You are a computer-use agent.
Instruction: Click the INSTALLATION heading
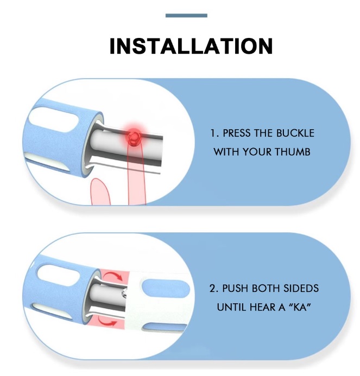click(x=191, y=46)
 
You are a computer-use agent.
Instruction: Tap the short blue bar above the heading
click(x=186, y=16)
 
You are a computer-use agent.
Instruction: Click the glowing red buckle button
click(x=134, y=137)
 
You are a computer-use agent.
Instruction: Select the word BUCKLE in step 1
click(x=295, y=133)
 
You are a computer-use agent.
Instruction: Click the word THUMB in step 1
click(x=292, y=152)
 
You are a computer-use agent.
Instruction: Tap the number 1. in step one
click(x=214, y=133)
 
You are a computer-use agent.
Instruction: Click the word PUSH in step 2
click(x=235, y=288)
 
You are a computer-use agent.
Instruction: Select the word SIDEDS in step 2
click(x=301, y=288)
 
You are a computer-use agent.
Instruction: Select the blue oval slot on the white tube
click(x=166, y=289)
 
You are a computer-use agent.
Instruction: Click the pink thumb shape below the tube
click(x=100, y=192)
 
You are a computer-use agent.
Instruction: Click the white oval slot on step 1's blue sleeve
click(x=56, y=118)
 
